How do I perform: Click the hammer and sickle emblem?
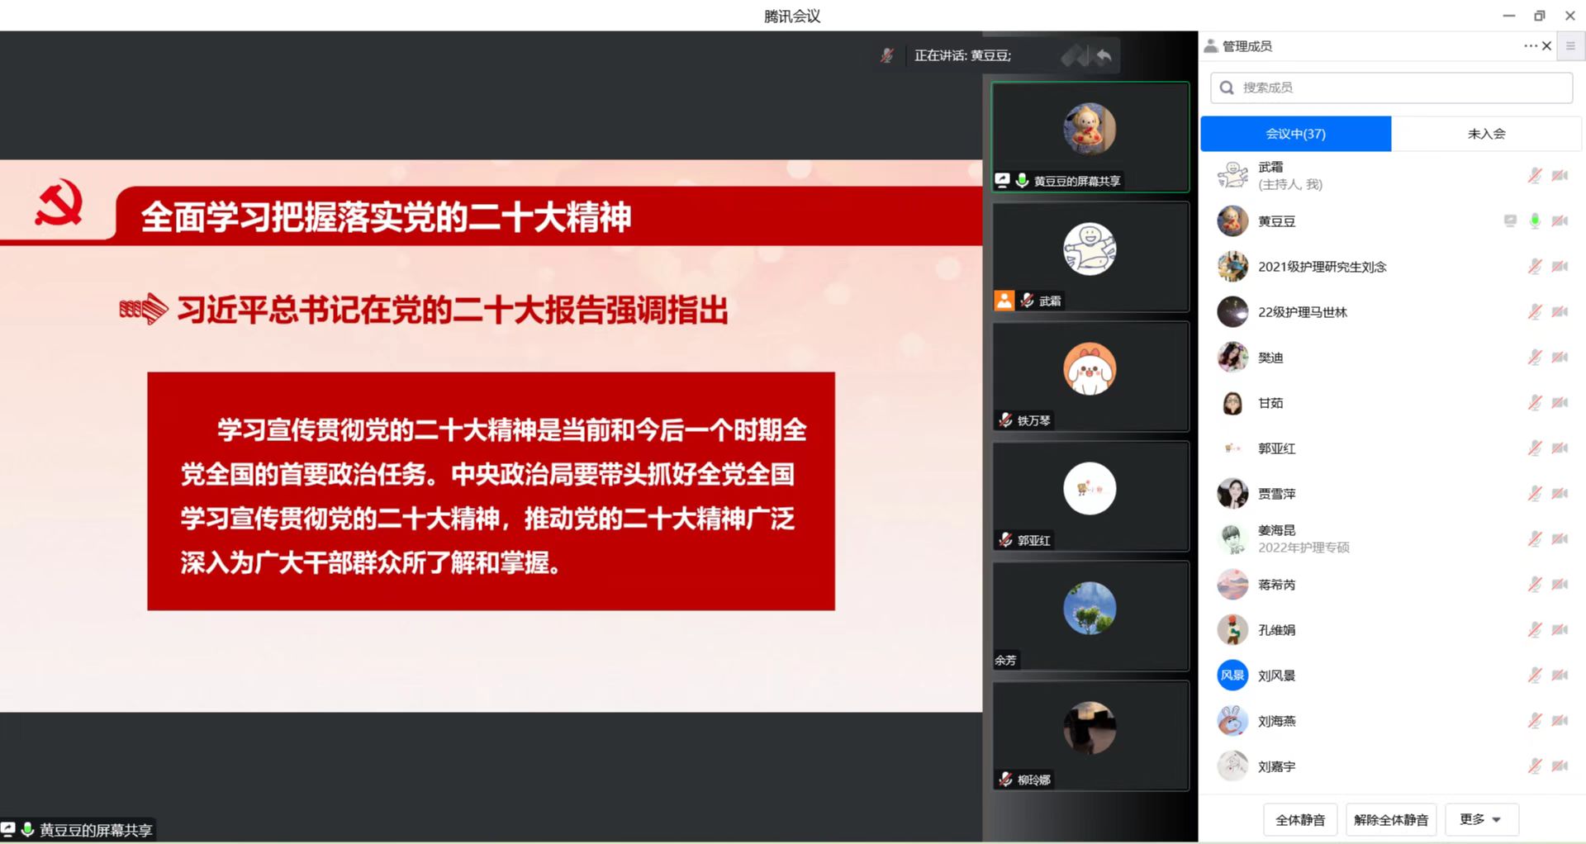(59, 204)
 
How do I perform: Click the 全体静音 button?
(1300, 819)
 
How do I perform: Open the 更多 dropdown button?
(1481, 819)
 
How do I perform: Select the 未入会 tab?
(1486, 134)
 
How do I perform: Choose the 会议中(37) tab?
(1295, 134)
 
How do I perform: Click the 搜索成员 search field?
(1391, 88)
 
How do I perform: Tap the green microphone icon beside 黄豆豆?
(1535, 220)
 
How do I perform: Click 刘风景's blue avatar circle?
(1232, 675)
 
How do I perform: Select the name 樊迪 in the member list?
(1270, 358)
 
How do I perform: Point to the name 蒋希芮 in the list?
(1276, 585)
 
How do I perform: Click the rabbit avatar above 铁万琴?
(1090, 368)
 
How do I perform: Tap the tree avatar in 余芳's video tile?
(1090, 608)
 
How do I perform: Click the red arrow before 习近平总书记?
(144, 310)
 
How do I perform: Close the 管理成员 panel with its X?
(1546, 46)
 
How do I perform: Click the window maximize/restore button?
(1539, 16)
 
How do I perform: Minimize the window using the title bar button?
(1508, 16)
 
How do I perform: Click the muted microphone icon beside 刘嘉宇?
(1535, 766)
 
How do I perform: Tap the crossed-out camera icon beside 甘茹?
(1560, 402)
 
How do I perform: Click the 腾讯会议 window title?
(792, 16)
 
